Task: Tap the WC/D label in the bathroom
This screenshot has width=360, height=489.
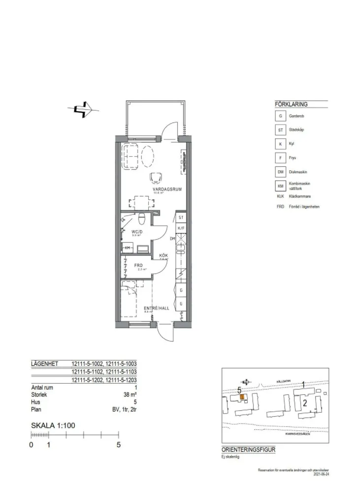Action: (x=137, y=231)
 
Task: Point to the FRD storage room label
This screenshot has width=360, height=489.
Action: (x=138, y=265)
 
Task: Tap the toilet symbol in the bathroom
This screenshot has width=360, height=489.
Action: (x=141, y=218)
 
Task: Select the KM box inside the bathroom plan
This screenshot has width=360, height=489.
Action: (x=128, y=248)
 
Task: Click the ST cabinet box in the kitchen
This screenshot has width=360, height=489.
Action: (x=181, y=217)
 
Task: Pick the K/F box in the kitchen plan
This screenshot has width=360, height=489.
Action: (x=181, y=228)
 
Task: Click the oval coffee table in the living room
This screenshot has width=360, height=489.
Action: (x=148, y=157)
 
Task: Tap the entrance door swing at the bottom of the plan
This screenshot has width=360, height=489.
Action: (x=165, y=334)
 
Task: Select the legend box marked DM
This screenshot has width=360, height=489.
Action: (x=280, y=172)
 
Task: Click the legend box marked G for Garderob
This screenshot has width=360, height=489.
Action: (x=280, y=116)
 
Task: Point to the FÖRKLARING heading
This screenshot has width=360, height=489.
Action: (x=291, y=104)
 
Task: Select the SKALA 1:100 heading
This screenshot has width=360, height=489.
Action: (x=53, y=425)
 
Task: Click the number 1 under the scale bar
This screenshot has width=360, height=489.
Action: (x=48, y=445)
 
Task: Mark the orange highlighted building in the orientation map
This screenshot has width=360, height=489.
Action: (x=241, y=397)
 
